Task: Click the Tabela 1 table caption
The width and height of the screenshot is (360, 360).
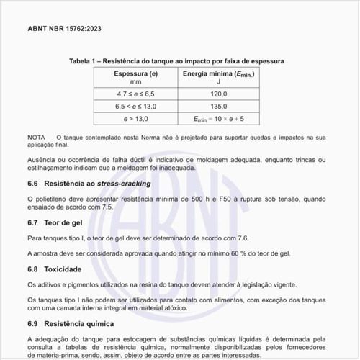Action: pyautogui.click(x=176, y=61)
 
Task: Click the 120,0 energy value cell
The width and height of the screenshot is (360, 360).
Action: pyautogui.click(x=219, y=94)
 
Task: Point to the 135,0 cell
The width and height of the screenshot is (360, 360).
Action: pyautogui.click(x=219, y=106)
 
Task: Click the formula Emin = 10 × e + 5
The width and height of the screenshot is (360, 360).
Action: pyautogui.click(x=219, y=119)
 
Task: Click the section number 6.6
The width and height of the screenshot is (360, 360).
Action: pyautogui.click(x=32, y=184)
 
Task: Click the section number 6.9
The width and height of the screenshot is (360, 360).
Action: pyautogui.click(x=32, y=323)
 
